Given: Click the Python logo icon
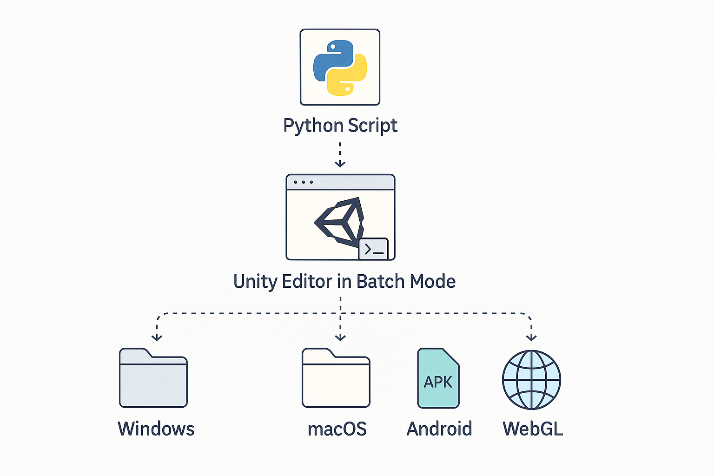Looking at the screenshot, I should (340, 67).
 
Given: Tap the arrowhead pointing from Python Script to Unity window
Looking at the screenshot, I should (340, 163).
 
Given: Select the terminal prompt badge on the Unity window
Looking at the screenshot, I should (374, 250).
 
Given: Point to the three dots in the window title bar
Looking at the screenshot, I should (303, 182).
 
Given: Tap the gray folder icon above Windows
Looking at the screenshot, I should (153, 378).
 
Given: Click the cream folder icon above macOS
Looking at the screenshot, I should (336, 378).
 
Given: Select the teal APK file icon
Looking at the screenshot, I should (438, 378).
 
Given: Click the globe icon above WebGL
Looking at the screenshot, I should (531, 379).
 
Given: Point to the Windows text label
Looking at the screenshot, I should (156, 429).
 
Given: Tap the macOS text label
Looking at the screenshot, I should (337, 429).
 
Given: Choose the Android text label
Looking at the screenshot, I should (439, 429).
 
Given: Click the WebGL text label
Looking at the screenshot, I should (533, 429).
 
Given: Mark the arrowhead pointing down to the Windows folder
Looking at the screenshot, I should (157, 337).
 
